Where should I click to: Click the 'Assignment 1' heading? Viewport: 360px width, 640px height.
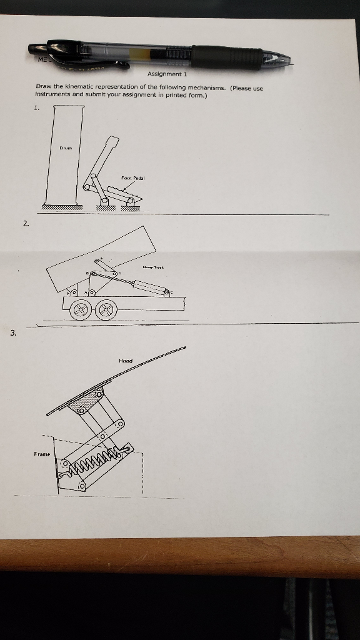click(163, 74)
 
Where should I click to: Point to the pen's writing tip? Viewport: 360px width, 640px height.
click(289, 60)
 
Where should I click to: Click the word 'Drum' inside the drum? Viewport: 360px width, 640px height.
click(65, 148)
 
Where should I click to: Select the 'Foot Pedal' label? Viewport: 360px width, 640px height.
click(132, 178)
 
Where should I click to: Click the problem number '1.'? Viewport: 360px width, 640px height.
click(37, 107)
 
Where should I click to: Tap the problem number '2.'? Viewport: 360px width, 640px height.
click(26, 223)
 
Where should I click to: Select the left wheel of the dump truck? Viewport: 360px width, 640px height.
click(80, 309)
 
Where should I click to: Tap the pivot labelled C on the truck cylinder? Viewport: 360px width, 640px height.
click(167, 292)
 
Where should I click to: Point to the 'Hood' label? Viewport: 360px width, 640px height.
click(125, 361)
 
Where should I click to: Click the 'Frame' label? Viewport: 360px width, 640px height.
click(42, 454)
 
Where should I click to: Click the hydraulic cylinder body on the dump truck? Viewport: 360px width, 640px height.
click(147, 287)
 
